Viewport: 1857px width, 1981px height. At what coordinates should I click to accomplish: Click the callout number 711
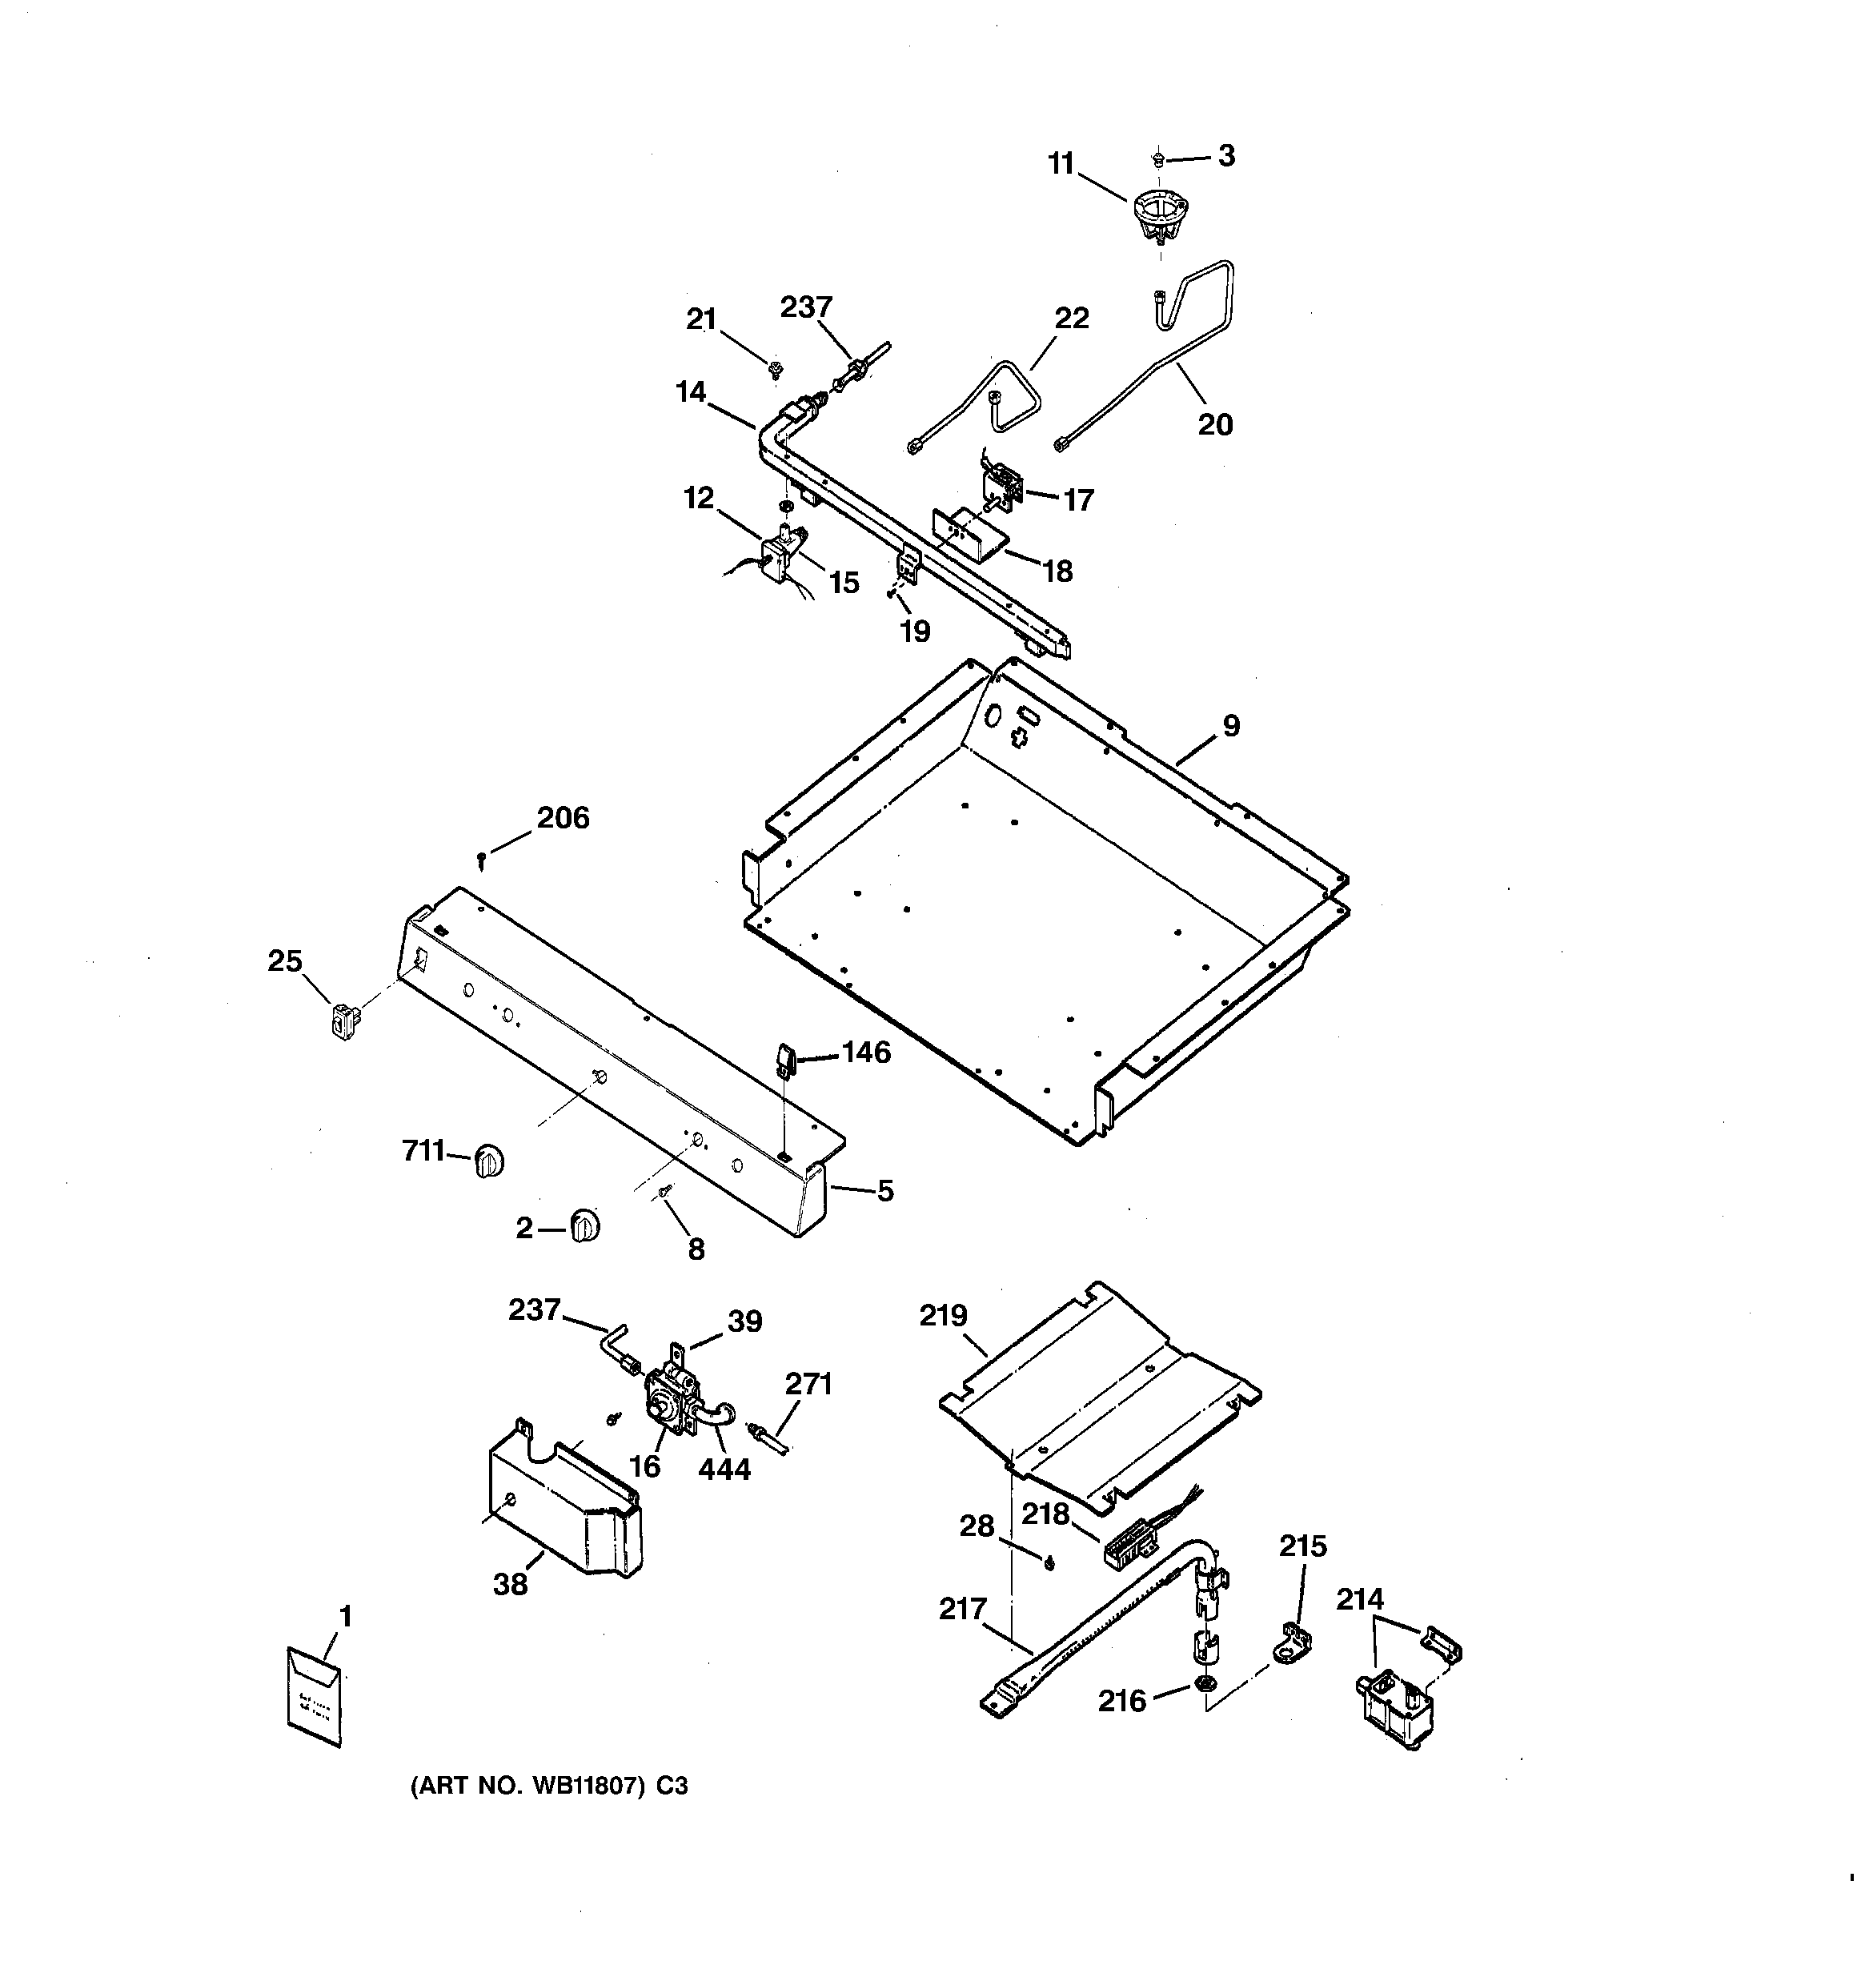click(423, 1151)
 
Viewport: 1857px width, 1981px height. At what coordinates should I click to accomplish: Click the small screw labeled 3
click(1159, 158)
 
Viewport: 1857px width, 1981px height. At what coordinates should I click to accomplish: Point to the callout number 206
click(564, 818)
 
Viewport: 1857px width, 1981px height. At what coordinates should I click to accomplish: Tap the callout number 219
click(943, 1317)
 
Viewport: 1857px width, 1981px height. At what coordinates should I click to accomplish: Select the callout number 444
click(724, 1470)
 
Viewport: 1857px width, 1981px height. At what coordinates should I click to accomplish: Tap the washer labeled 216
click(1204, 1684)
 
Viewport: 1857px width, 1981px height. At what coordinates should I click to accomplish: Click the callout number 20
click(1215, 426)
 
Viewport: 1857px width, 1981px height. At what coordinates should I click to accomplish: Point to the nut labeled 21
click(773, 371)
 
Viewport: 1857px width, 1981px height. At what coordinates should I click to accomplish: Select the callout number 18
click(1057, 571)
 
